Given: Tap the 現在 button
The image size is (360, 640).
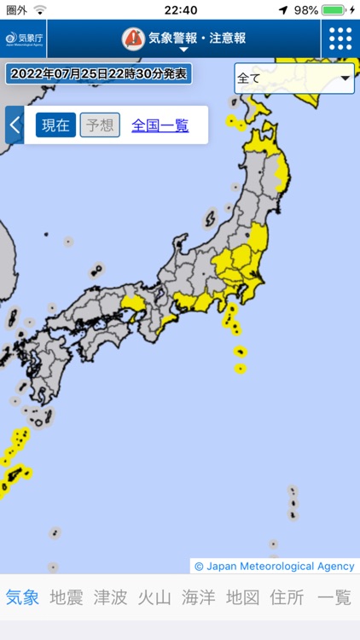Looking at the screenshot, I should (55, 125).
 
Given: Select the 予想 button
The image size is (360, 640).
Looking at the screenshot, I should (100, 125).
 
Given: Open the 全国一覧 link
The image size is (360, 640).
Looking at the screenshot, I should (160, 125).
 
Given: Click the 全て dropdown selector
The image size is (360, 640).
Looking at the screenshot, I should (294, 78).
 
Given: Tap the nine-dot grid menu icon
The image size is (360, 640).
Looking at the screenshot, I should (340, 38).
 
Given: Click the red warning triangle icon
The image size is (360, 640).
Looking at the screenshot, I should (133, 38).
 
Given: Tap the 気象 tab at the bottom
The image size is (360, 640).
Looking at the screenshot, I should (22, 597).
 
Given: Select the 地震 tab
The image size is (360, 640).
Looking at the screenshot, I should (67, 597).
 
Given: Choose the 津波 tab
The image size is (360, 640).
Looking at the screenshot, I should (111, 597).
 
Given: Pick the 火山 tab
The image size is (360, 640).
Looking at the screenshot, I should (154, 597).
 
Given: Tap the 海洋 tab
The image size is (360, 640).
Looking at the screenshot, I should (199, 597).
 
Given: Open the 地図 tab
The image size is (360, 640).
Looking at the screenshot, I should (243, 597).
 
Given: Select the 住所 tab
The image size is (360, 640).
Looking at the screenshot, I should (287, 597).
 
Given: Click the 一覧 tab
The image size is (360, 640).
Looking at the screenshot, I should (334, 597).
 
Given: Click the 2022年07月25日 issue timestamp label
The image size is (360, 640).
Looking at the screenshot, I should (99, 73).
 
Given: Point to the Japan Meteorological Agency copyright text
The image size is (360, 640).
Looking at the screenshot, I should (274, 566).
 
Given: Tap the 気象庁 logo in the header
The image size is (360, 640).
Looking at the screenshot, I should (24, 38).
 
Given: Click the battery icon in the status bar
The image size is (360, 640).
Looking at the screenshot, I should (334, 9).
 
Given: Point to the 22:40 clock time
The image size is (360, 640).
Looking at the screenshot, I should (180, 9).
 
